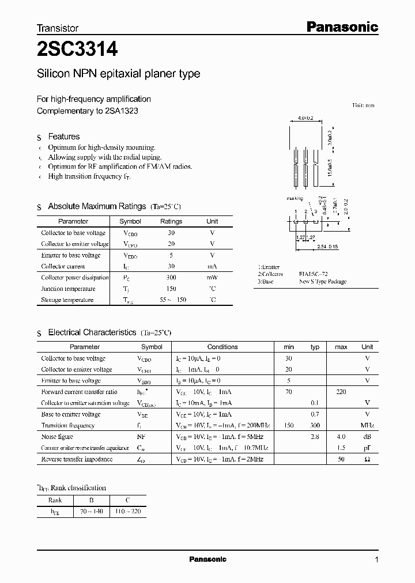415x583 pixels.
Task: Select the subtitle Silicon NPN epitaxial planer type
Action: [118, 74]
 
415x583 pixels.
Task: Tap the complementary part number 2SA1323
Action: [122, 110]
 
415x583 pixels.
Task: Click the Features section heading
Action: [63, 137]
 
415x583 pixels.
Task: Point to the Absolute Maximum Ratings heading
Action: [97, 206]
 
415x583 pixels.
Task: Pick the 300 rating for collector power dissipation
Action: [171, 277]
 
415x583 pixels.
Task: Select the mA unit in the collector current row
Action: [212, 266]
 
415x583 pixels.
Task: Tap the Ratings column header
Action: [171, 221]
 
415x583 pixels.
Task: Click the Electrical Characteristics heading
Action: [92, 332]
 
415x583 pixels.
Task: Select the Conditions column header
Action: [222, 347]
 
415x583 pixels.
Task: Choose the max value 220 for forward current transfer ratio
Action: [341, 392]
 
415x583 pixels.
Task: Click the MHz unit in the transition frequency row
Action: [367, 426]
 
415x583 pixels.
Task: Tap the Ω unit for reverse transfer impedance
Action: [367, 459]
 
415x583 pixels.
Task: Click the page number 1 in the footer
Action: [376, 559]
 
